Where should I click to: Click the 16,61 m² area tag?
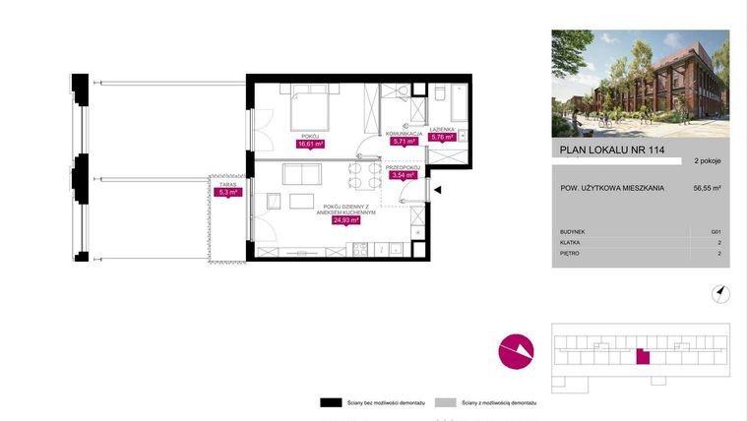[x=311, y=144]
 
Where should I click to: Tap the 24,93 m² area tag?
[x=345, y=220]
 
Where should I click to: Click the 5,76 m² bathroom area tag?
[x=443, y=138]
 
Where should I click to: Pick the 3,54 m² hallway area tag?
[x=404, y=176]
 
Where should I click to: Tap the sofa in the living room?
[x=301, y=174]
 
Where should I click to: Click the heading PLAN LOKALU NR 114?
[x=604, y=150]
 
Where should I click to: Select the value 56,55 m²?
[x=707, y=186]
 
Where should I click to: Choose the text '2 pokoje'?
[x=708, y=160]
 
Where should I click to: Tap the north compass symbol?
[x=720, y=292]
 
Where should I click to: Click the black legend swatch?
[x=329, y=402]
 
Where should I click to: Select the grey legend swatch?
[x=446, y=402]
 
